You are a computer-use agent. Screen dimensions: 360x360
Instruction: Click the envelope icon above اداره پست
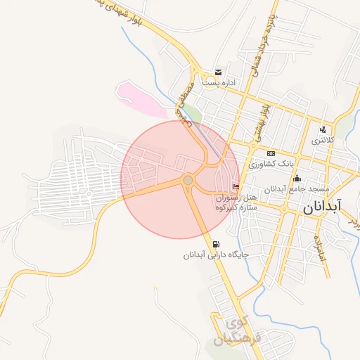click(x=219, y=72)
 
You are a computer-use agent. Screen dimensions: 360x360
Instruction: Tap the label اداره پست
click(x=219, y=83)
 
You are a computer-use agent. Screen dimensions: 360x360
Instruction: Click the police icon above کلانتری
click(x=323, y=129)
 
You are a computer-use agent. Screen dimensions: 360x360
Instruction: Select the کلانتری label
click(x=324, y=141)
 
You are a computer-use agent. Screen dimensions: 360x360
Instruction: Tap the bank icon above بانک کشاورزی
click(x=271, y=153)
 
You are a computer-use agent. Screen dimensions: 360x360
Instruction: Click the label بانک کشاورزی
click(x=269, y=164)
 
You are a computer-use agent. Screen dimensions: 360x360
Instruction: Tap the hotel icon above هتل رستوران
click(x=235, y=186)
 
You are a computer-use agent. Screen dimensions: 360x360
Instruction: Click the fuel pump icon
click(x=214, y=244)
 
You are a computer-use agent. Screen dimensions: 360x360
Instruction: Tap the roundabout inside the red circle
click(x=188, y=181)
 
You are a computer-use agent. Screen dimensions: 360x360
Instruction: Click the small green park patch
click(x=194, y=111)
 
